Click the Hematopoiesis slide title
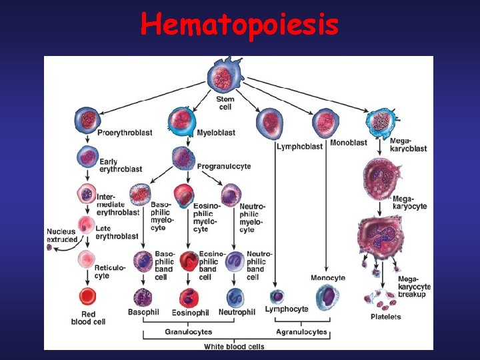[x=239, y=25]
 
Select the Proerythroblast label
[x=125, y=133]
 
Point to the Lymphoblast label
[x=299, y=146]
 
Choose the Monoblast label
[x=348, y=143]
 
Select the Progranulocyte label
[x=224, y=166]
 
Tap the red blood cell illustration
[x=87, y=297]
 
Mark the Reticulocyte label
[x=110, y=271]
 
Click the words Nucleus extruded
[x=61, y=235]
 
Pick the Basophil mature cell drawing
[x=143, y=297]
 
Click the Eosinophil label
[x=190, y=313]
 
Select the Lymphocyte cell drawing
[x=277, y=296]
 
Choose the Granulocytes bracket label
[x=189, y=331]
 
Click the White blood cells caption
[x=234, y=346]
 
